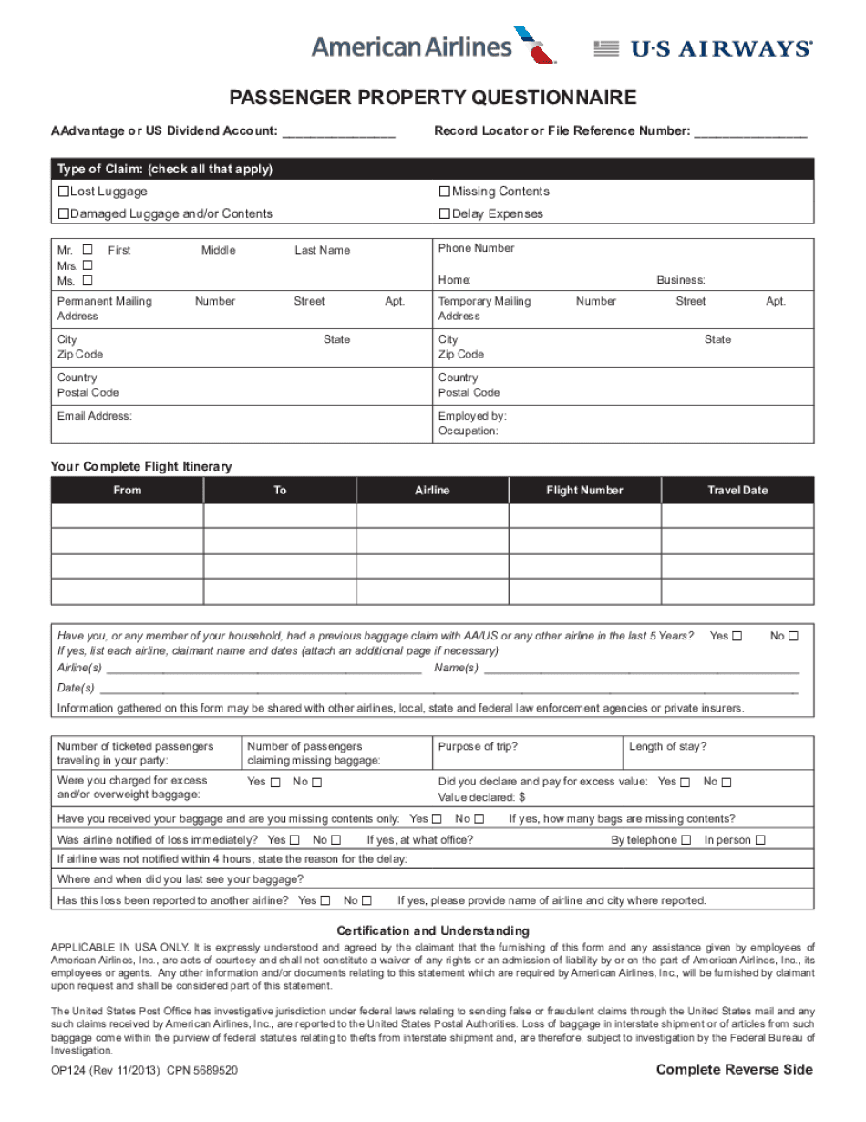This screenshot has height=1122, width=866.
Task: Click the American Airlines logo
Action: click(433, 46)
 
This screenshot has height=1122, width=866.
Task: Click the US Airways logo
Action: click(703, 49)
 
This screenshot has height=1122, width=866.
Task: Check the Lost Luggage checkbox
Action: click(64, 192)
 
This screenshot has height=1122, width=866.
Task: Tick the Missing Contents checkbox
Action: click(445, 192)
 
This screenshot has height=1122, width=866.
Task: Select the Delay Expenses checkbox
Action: click(445, 213)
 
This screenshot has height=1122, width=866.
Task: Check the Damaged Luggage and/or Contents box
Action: click(64, 213)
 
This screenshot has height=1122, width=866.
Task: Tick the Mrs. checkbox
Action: click(88, 265)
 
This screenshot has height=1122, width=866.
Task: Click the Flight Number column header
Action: click(584, 491)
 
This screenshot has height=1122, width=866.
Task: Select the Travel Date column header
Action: click(737, 491)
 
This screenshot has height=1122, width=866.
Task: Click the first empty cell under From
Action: click(127, 516)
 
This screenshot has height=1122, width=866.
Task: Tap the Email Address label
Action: click(95, 416)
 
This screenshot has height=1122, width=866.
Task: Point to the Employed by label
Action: click(472, 416)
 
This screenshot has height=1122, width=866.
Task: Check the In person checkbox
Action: click(760, 840)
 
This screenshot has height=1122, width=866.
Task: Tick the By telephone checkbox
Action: click(686, 840)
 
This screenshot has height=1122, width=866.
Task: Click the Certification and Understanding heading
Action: click(432, 930)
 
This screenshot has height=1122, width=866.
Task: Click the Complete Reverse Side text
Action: click(734, 1070)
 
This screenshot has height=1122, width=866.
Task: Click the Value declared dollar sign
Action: click(521, 797)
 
